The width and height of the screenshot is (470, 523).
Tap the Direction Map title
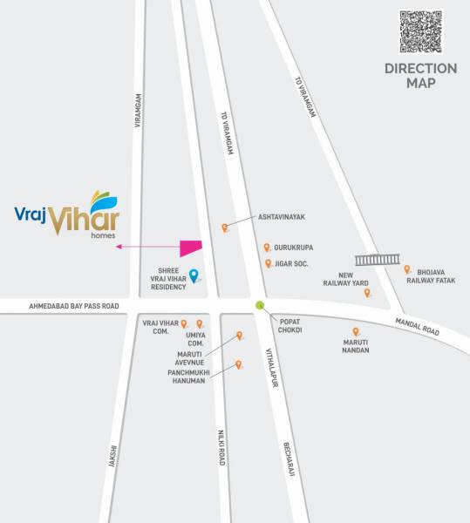tap(420, 76)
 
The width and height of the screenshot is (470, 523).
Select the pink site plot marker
tap(191, 248)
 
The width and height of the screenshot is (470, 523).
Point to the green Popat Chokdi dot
tap(260, 304)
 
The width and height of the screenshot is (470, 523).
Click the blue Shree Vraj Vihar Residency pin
tap(194, 276)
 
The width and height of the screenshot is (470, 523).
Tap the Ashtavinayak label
tap(281, 218)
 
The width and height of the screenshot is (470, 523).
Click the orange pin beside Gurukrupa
tap(267, 248)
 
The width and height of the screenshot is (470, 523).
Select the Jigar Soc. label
tap(292, 263)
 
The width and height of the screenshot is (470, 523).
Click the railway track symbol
tap(378, 259)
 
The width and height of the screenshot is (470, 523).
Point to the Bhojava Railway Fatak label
tap(436, 275)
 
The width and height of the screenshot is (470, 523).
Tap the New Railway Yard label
tap(346, 278)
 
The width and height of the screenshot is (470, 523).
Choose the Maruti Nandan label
tap(356, 345)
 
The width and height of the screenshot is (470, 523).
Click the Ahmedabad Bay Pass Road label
tap(73, 306)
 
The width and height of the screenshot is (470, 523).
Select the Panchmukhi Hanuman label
tap(187, 376)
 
